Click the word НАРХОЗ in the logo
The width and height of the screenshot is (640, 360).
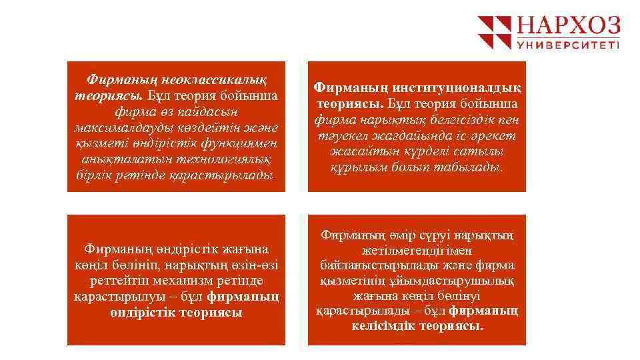569,27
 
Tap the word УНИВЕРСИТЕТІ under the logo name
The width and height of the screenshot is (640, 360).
569,46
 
